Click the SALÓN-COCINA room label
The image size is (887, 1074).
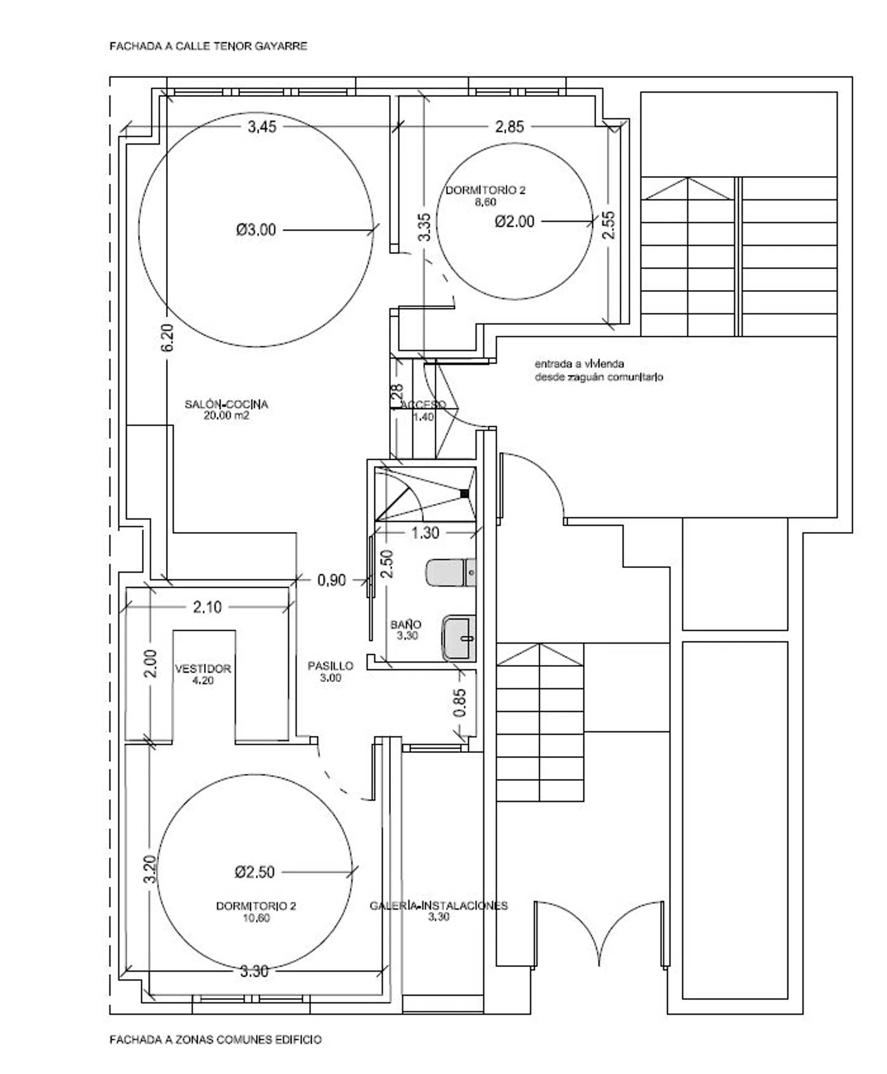[226, 404]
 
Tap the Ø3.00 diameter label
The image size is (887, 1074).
[256, 229]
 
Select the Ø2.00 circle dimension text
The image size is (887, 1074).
[514, 222]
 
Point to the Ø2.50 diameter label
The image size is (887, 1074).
[255, 872]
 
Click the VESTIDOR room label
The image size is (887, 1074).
[203, 669]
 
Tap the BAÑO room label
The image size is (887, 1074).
[406, 624]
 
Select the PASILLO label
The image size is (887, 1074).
[331, 666]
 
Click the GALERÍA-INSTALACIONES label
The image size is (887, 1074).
[439, 905]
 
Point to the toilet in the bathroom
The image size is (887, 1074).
[451, 572]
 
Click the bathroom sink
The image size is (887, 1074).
[459, 638]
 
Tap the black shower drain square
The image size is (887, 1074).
[464, 493]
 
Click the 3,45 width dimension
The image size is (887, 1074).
[262, 126]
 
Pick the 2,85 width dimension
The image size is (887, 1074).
[509, 126]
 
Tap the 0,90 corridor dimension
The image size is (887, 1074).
[332, 580]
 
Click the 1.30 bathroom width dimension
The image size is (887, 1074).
[425, 533]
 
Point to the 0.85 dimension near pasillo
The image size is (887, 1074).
[460, 702]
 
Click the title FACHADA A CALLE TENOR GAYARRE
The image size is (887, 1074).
[208, 46]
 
